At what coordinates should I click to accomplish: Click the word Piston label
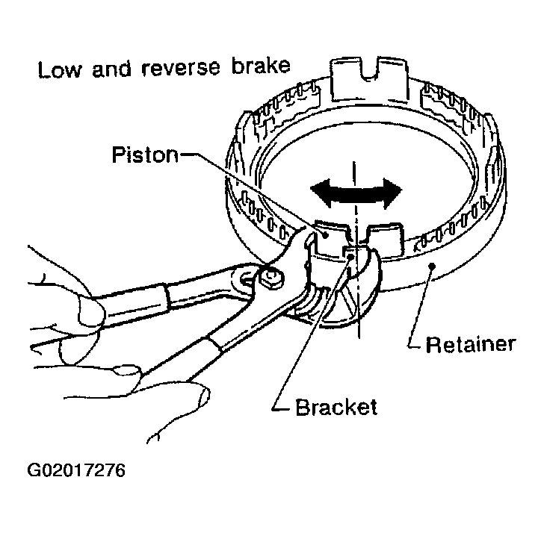[x=144, y=156]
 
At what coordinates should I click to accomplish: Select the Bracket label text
[x=336, y=408]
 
